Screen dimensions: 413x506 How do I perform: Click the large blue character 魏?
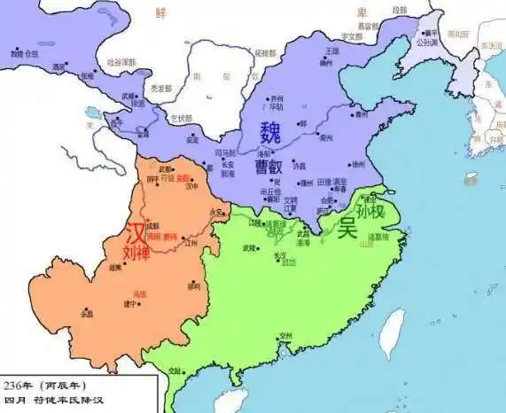pyautogui.click(x=270, y=132)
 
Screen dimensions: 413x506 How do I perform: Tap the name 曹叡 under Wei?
pyautogui.click(x=269, y=165)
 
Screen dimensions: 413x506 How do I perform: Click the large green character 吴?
pyautogui.click(x=346, y=227)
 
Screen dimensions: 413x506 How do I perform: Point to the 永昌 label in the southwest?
pyautogui.click(x=86, y=314)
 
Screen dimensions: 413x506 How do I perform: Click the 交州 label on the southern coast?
pyautogui.click(x=284, y=336)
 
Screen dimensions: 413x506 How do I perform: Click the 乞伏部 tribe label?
pyautogui.click(x=181, y=119)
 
